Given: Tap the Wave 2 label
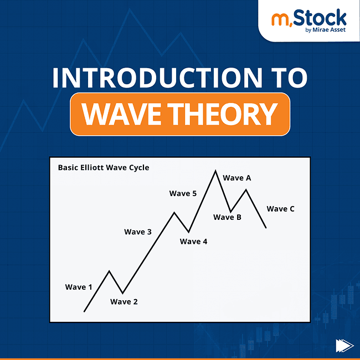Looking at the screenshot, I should coord(124,302).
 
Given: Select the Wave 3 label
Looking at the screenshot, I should coord(138,232).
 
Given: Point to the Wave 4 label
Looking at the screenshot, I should coord(194,241).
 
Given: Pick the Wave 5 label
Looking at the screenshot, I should coord(183,193).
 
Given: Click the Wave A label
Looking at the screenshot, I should coord(237,178).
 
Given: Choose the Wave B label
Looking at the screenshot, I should coord(227,217).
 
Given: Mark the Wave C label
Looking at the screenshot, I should coord(281,209).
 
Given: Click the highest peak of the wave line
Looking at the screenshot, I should coord(215,171).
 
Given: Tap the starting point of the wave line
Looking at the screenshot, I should coord(84,311).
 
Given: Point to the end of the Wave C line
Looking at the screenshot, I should coord(266,228).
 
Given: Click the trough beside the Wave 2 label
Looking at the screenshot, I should coord(122,292).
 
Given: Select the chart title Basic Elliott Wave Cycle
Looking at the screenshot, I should coord(104,167).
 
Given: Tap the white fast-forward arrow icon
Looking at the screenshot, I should coord(344,346).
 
